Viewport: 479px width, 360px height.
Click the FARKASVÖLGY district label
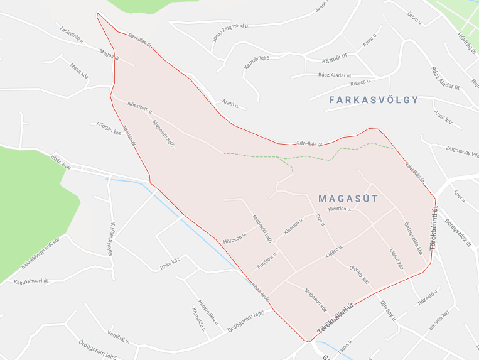(373, 100)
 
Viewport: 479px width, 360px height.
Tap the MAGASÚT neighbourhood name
(348, 198)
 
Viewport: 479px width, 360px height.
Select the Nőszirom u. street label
(139, 108)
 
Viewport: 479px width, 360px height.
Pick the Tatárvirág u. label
(71, 33)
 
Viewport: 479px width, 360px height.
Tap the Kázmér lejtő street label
(256, 67)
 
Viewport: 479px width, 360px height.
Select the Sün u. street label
(321, 220)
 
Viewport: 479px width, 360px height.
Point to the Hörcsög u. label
(234, 238)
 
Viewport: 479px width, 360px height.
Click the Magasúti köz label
(316, 300)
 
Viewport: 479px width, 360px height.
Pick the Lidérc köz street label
(396, 259)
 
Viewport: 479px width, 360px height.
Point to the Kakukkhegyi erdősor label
(40, 251)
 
